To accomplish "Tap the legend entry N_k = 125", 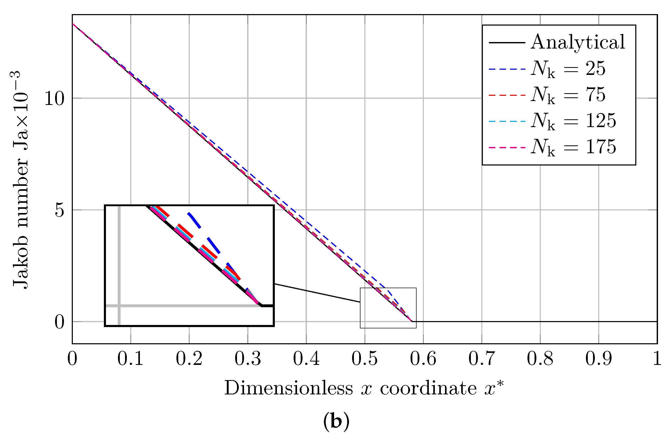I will tap(573, 121).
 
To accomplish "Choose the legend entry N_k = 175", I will tap(573, 147).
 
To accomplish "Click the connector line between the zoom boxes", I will tap(317, 293).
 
